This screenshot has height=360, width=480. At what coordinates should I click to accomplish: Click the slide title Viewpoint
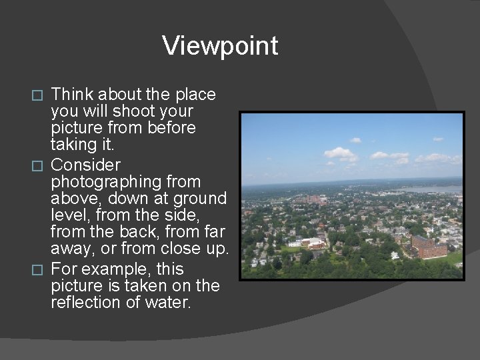point(220,46)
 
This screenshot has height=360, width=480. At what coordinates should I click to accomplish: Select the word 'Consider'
point(85,164)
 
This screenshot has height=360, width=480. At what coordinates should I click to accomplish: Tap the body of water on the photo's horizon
point(437,190)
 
